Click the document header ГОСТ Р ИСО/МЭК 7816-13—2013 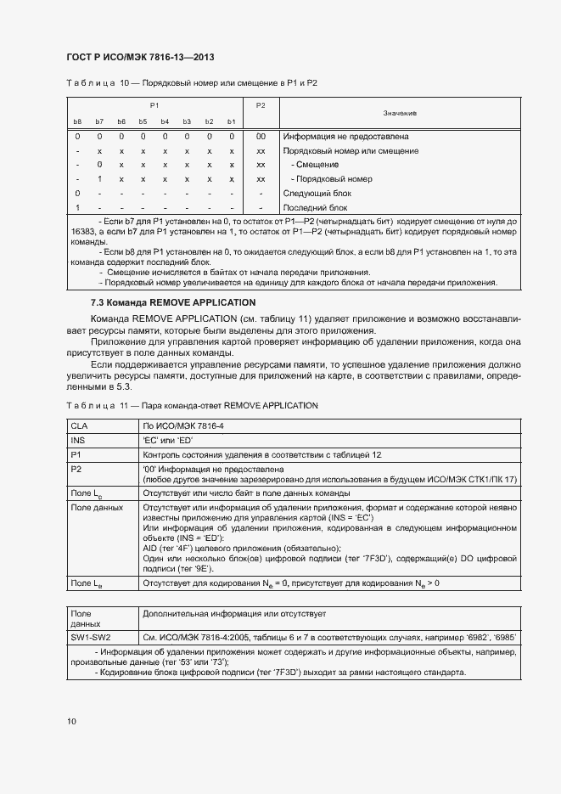click(139, 57)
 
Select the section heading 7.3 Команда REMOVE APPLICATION click(172, 302)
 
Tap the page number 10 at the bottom click(71, 721)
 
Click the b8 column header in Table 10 click(77, 121)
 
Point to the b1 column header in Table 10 click(231, 121)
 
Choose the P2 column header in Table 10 click(261, 105)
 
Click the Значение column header click(399, 113)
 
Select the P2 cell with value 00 click(261, 137)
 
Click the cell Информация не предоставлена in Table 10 click(345, 137)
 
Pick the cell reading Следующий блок click(317, 194)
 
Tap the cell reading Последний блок click(317, 208)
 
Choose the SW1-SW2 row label click(91, 636)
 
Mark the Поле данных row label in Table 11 click(96, 508)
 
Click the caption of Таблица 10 click(191, 83)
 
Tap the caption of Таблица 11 click(192, 406)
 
